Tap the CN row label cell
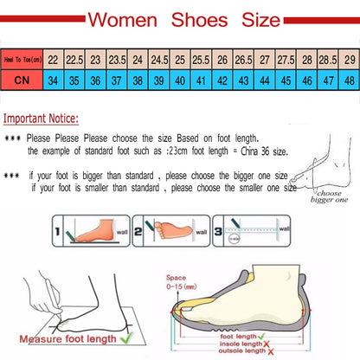[22, 80]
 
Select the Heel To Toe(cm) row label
[22, 59]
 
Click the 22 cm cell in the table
[54, 59]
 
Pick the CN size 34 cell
[54, 80]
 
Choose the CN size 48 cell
[349, 80]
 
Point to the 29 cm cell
[349, 59]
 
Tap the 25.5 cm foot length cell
[201, 59]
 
